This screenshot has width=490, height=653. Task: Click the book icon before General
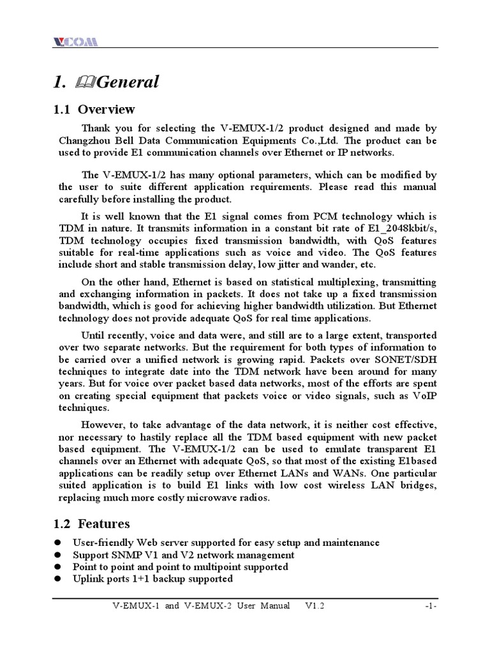click(83, 82)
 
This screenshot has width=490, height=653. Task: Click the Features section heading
click(103, 524)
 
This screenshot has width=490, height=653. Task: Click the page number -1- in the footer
click(430, 606)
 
